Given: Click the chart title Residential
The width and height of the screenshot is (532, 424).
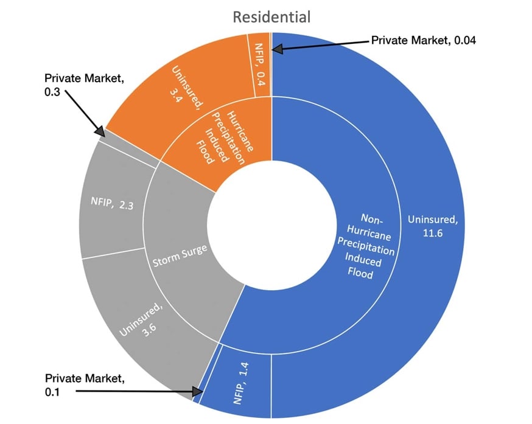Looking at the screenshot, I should tap(271, 16).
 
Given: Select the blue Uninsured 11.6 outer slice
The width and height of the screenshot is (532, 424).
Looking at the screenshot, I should tap(426, 182).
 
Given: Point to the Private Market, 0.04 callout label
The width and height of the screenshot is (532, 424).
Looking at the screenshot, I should tap(423, 41).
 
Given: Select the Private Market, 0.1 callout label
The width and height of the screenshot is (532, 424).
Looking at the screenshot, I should tap(85, 385).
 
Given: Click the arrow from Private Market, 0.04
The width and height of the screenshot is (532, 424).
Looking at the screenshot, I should tap(323, 44).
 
